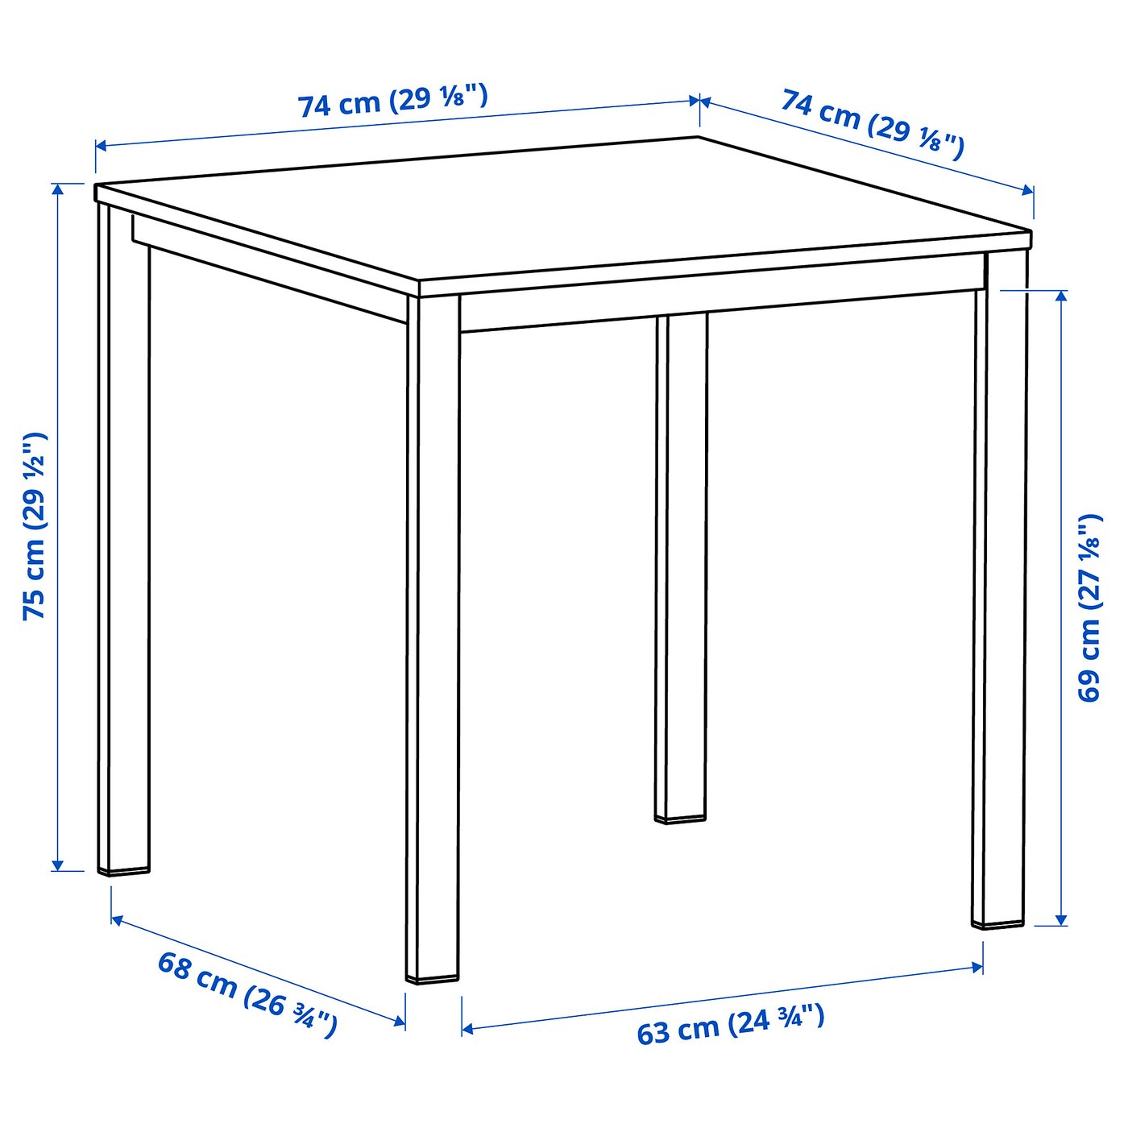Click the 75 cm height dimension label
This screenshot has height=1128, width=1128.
pos(35,525)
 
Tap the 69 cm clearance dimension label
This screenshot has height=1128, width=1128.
pos(1089,607)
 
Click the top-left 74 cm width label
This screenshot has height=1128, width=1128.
pos(392,100)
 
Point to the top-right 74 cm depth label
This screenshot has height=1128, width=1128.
pos(872,124)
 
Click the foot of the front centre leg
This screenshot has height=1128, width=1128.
pos(433,977)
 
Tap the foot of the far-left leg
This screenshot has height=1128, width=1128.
pos(124,869)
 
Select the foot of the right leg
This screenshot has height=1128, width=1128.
pos(998,923)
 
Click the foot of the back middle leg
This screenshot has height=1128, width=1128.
pos(681,819)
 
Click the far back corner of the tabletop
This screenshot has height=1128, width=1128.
pos(698,138)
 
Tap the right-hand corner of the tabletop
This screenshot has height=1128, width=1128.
pos(1031,234)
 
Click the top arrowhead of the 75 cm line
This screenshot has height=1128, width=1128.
pos(57,186)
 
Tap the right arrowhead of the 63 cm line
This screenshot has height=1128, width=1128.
pos(981,966)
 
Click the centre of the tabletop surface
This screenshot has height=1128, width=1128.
pos(564,209)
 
